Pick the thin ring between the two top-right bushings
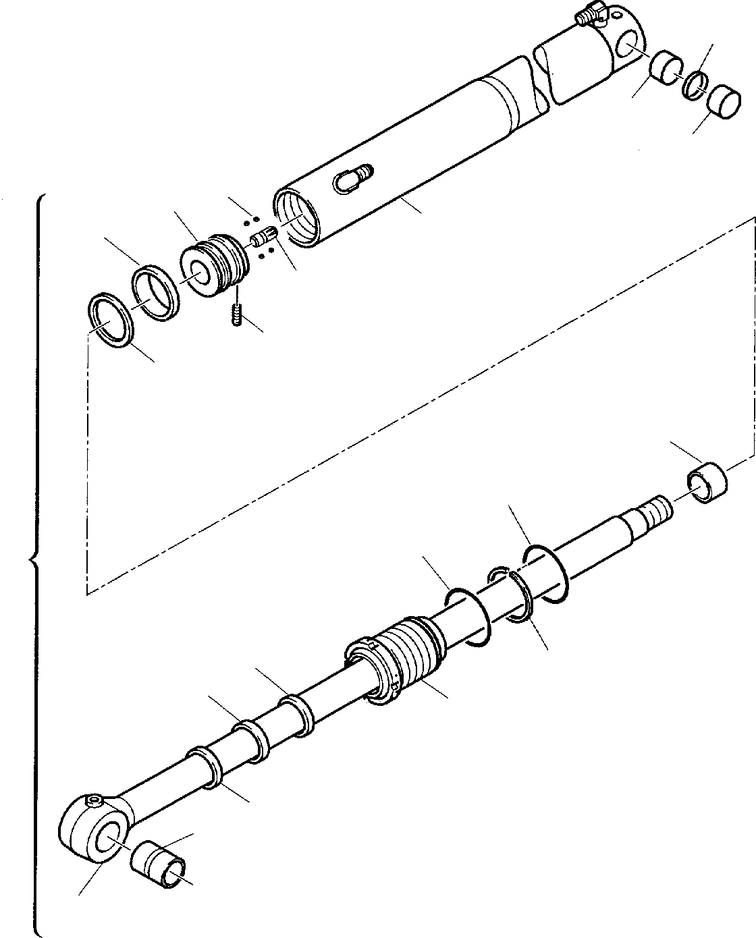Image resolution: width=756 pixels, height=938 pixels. [x=695, y=85]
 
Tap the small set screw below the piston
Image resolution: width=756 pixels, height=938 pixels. [x=236, y=314]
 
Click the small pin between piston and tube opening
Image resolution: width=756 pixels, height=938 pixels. [x=263, y=237]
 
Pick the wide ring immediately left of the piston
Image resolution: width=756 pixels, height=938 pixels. [x=155, y=292]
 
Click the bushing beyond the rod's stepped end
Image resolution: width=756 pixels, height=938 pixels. [x=707, y=484]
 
